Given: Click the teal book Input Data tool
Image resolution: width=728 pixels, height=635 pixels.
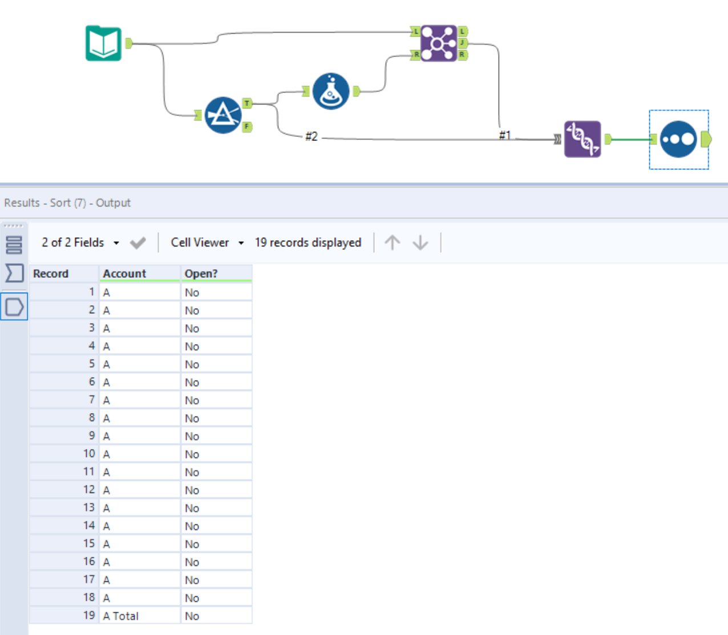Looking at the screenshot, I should click(103, 43).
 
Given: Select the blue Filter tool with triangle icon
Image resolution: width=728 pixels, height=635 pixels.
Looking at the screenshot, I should click(223, 115).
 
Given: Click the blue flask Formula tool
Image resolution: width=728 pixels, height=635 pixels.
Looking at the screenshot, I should click(331, 91).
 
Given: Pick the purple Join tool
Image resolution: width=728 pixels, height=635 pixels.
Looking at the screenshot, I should click(438, 43).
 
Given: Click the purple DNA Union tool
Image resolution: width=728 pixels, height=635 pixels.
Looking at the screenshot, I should click(582, 139).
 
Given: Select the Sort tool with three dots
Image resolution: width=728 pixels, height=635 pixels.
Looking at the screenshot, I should click(678, 139).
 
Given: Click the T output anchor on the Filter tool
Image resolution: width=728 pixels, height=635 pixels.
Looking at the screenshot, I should click(247, 103).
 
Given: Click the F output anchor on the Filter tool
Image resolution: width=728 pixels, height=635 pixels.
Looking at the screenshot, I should click(247, 127).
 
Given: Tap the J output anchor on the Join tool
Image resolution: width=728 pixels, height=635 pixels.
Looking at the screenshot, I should click(463, 43).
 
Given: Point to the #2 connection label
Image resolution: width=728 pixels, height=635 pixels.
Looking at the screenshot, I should click(311, 136).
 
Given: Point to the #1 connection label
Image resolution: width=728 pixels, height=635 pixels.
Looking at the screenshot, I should click(505, 135).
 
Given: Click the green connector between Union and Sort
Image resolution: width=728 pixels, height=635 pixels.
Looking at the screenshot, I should click(630, 139).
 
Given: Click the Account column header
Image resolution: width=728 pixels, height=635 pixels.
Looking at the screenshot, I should click(124, 274).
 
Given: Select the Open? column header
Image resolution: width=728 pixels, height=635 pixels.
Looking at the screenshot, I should click(201, 274).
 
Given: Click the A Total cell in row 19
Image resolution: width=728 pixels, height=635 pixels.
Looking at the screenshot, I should click(121, 616).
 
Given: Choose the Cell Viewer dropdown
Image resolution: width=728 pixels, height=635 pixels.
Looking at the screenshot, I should click(207, 242).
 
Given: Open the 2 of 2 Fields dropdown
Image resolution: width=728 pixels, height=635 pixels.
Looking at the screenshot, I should click(80, 242).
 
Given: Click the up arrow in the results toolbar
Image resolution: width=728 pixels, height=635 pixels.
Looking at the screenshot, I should click(392, 242).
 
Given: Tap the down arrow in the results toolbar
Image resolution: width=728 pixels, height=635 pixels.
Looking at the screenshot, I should click(420, 242).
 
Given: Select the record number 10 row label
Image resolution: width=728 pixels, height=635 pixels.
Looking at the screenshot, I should click(89, 454).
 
